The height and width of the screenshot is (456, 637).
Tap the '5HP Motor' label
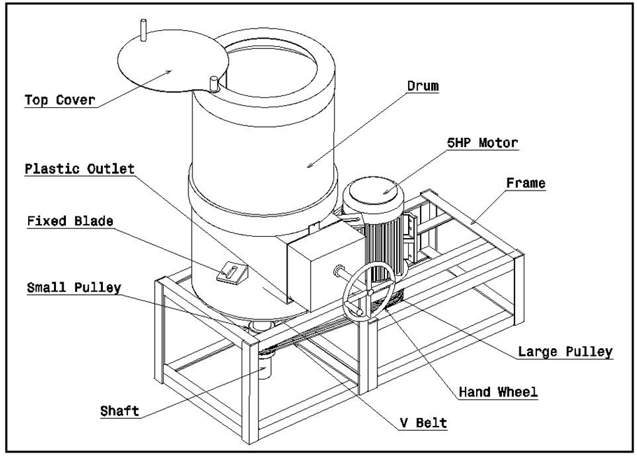point(482,144)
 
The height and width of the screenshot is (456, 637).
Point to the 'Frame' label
point(526,184)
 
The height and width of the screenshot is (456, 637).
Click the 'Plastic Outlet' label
point(79,170)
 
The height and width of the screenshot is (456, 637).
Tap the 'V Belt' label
point(423,423)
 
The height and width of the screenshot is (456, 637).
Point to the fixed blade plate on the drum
point(230,272)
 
